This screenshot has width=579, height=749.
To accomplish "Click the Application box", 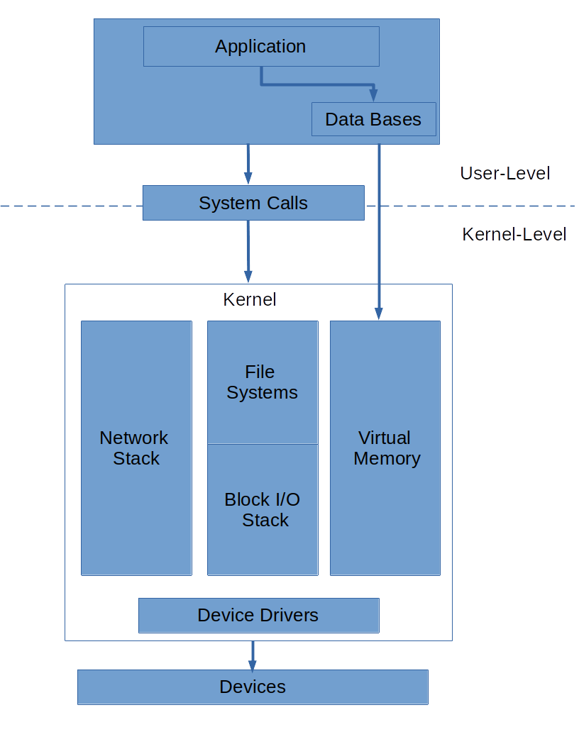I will pyautogui.click(x=261, y=47).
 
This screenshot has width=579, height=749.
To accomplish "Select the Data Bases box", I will pyautogui.click(x=373, y=119).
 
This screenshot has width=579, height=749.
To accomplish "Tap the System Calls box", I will pyautogui.click(x=253, y=203).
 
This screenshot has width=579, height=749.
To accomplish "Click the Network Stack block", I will pyautogui.click(x=136, y=448).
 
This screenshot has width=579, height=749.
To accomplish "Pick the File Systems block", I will pyautogui.click(x=262, y=382).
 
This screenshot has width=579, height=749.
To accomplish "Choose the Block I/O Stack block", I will pyautogui.click(x=263, y=509).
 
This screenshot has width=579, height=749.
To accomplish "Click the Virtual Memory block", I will pyautogui.click(x=385, y=448).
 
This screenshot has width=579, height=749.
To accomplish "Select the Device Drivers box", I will pyautogui.click(x=258, y=615).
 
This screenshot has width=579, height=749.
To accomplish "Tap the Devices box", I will pyautogui.click(x=253, y=687).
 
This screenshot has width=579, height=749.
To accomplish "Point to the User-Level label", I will pyautogui.click(x=504, y=173).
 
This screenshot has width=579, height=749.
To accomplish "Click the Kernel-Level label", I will pyautogui.click(x=514, y=234).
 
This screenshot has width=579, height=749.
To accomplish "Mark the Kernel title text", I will pyautogui.click(x=250, y=299).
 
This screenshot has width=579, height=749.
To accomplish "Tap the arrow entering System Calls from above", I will pyautogui.click(x=248, y=164).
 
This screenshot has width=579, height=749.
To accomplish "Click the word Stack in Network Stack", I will pyautogui.click(x=136, y=458).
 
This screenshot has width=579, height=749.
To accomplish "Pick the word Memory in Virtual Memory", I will pyautogui.click(x=387, y=458).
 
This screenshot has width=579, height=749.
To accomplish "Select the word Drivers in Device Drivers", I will pyautogui.click(x=289, y=615).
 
